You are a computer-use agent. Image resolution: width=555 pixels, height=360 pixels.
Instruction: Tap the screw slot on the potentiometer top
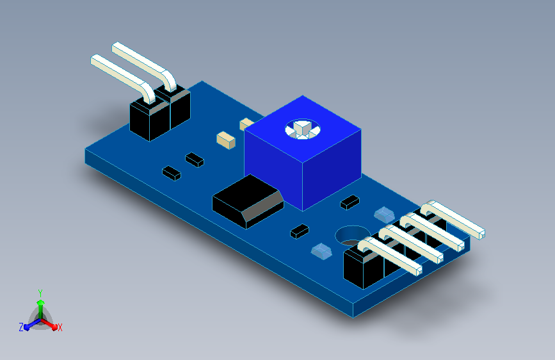tap(303, 129)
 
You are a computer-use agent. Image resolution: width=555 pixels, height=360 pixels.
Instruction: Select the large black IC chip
tap(248, 202)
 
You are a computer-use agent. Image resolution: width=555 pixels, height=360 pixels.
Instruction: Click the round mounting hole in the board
tap(353, 236)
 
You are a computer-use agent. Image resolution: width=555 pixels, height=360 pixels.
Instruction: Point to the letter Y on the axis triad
tap(40, 293)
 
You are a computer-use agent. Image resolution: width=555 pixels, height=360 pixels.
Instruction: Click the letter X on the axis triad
tap(60, 328)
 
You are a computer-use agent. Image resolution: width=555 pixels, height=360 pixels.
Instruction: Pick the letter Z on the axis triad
tap(21, 327)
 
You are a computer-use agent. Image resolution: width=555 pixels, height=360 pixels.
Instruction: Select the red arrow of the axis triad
tap(49, 324)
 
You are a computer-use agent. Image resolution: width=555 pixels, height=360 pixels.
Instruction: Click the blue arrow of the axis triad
tap(32, 324)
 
